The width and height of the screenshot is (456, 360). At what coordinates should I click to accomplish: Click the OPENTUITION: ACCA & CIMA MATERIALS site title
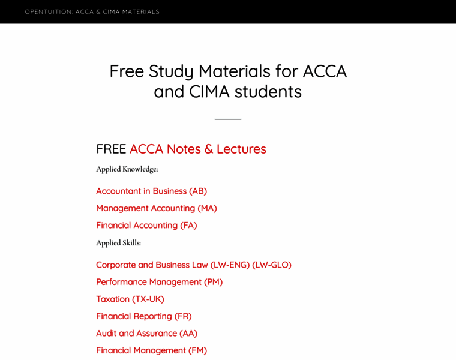[92, 11]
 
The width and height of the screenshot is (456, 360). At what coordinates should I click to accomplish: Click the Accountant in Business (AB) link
[151, 191]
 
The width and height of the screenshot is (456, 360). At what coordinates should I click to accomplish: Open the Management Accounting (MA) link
[156, 208]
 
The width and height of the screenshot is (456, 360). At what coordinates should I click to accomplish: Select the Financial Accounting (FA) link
[146, 225]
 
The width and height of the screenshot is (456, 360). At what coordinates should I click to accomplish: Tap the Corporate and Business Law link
[152, 265]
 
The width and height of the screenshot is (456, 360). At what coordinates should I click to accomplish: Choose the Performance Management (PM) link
[159, 282]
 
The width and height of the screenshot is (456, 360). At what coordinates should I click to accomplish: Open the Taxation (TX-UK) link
[130, 299]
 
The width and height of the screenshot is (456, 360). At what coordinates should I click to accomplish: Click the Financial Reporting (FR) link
[143, 316]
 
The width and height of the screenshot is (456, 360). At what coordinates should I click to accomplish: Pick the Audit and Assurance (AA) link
[146, 333]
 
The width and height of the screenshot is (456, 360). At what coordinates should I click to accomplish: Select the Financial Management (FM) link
[151, 350]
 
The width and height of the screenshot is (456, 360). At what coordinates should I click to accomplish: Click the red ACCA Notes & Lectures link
[197, 149]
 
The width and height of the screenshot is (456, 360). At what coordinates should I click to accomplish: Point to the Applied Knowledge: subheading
[127, 169]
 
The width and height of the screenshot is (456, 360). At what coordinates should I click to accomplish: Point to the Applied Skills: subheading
[118, 243]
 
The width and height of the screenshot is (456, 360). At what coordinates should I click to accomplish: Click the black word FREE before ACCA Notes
[111, 149]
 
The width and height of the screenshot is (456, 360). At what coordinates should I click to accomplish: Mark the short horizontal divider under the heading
[228, 119]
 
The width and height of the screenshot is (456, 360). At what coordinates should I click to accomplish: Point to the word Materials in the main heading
[235, 71]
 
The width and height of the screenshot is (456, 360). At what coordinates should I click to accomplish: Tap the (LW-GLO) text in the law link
[272, 265]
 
